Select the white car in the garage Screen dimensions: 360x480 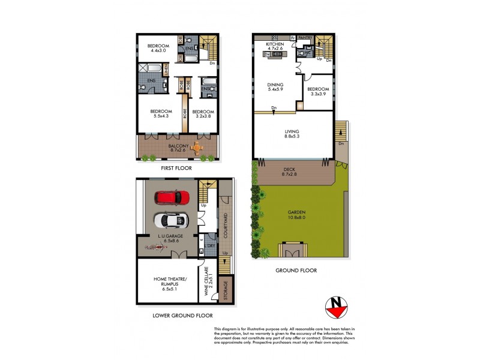(x=170, y=220)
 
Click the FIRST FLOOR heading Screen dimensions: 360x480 (x=176, y=169)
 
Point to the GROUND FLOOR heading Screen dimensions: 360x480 (x=296, y=271)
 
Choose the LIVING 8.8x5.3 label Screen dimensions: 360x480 (x=292, y=134)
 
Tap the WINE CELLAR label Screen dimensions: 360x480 (x=208, y=280)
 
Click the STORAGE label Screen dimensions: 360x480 (x=226, y=290)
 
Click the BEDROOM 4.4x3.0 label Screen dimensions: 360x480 (x=159, y=49)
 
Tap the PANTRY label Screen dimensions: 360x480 (x=307, y=37)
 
